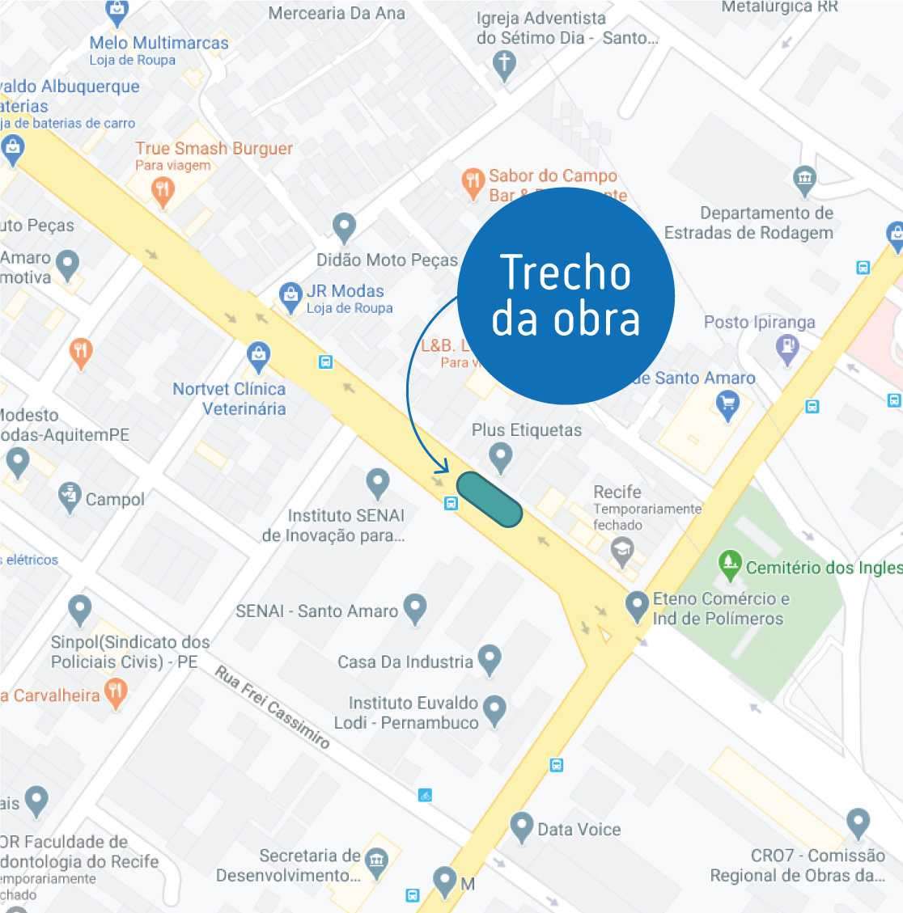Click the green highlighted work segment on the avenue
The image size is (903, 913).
[490, 501]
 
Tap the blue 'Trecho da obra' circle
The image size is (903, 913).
[566, 296]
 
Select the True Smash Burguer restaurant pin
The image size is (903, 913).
[163, 192]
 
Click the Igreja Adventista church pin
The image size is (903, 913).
[504, 64]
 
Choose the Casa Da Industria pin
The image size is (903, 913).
[490, 659]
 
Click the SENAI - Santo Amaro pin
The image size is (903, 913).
[415, 608]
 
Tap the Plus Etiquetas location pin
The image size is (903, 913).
[501, 456]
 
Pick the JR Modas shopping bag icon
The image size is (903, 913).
[290, 297]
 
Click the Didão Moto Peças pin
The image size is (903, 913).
[345, 227]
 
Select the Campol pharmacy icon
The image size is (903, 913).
[70, 497]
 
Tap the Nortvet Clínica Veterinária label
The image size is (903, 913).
[230, 399]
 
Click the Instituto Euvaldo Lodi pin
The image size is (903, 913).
[494, 710]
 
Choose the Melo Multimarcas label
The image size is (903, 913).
[159, 43]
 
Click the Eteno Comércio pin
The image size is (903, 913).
[638, 604]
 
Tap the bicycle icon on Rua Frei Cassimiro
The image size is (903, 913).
[426, 795]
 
